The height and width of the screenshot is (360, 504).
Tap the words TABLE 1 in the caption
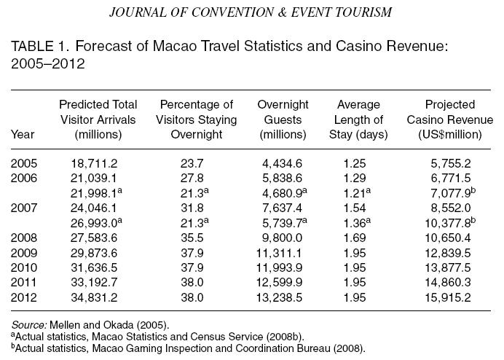click(x=36, y=47)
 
